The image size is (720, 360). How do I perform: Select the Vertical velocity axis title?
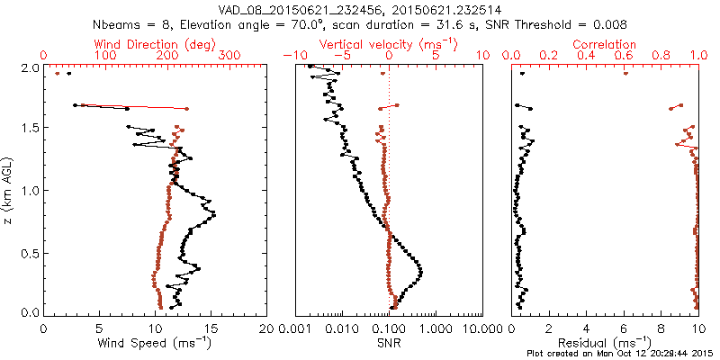click(x=388, y=43)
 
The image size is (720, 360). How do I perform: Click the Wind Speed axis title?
click(x=156, y=343)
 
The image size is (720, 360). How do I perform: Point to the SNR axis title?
click(x=388, y=343)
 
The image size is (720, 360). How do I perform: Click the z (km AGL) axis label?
click(x=9, y=190)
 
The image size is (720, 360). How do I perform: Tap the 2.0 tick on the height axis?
click(x=30, y=67)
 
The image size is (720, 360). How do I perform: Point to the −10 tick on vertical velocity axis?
click(x=292, y=56)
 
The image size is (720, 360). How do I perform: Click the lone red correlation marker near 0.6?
click(x=625, y=74)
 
